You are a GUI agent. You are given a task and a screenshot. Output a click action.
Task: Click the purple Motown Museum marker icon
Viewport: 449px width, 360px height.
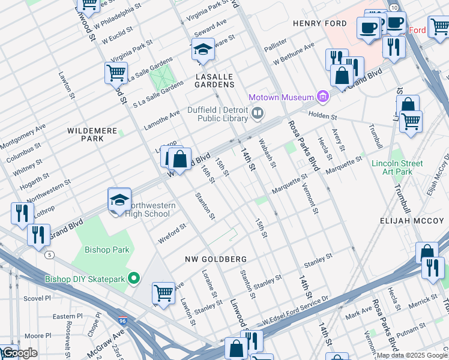point(324,97)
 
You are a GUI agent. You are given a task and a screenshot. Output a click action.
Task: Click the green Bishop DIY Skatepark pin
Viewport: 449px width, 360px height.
point(134,278)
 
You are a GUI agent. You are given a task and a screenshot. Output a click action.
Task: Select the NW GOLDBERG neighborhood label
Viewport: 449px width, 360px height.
point(215,259)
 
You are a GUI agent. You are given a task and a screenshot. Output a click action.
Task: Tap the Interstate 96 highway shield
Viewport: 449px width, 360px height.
point(122,321)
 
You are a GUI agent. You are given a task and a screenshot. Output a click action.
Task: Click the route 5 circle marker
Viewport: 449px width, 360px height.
point(49,254)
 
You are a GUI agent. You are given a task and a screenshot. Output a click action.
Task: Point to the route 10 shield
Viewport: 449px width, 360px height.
point(393,7)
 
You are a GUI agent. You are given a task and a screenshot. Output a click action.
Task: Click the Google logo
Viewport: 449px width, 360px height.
point(19,353)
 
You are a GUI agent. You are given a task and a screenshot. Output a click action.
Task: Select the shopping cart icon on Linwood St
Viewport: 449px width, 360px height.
point(115,74)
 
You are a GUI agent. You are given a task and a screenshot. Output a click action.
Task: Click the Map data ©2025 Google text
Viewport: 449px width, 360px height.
point(412,355)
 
